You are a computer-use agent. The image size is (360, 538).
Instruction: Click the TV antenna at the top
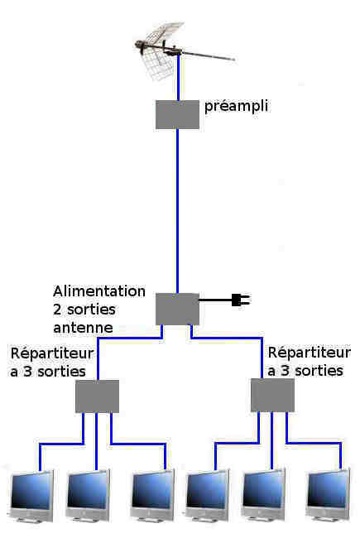click(171, 48)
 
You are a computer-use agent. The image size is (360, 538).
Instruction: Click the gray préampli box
click(177, 114)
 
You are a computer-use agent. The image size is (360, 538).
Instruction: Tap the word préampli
click(236, 107)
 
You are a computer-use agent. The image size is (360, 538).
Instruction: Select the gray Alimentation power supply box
click(177, 309)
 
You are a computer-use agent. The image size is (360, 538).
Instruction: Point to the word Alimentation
click(99, 291)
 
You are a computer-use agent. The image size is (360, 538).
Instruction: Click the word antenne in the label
click(83, 328)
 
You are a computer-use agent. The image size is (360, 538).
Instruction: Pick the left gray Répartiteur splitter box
click(97, 396)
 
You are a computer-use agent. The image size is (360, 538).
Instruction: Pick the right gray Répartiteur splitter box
click(272, 395)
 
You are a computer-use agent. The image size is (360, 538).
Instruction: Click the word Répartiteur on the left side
click(52, 353)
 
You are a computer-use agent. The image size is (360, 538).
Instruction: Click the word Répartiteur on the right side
click(310, 353)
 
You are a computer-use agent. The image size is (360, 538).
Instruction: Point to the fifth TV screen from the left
click(263, 494)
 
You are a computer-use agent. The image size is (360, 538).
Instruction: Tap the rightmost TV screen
click(329, 494)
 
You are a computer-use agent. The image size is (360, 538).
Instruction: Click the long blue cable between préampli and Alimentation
click(177, 211)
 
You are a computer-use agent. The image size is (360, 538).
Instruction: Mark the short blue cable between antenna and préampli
click(179, 77)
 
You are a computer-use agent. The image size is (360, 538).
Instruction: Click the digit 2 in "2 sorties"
click(57, 310)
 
